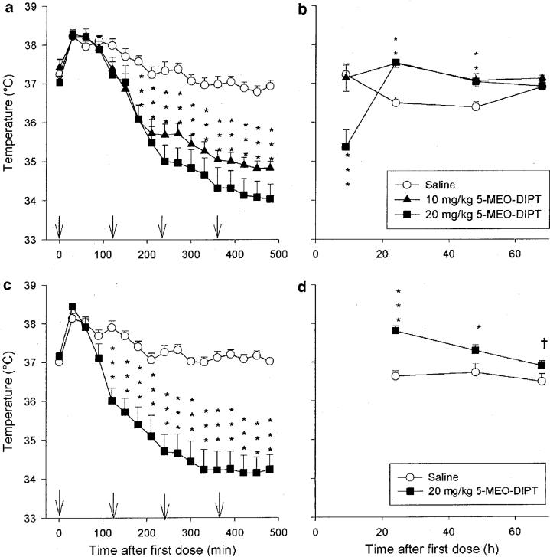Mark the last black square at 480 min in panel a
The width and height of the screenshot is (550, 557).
click(x=270, y=198)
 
